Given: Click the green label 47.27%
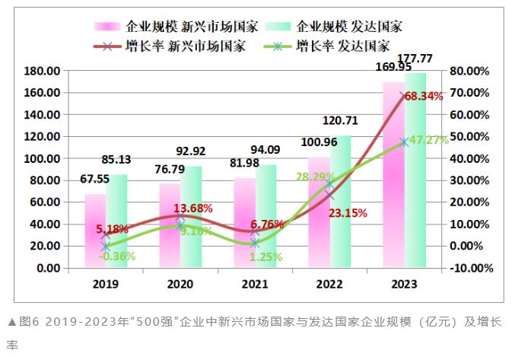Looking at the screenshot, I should click(428, 140).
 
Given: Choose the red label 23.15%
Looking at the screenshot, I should click(348, 214).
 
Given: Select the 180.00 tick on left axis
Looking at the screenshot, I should click(43, 71).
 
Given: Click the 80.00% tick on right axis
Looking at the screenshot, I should click(470, 71).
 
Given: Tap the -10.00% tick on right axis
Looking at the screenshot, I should click(470, 268).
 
